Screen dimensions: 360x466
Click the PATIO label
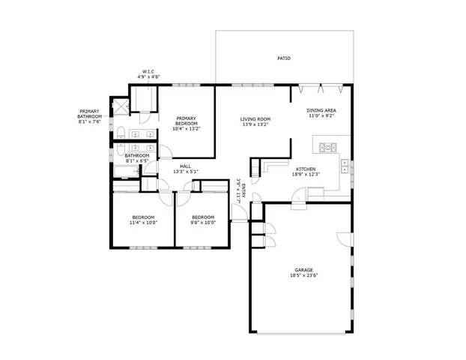(283, 58)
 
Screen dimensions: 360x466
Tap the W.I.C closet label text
(147, 73)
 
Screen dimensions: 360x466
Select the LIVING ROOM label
(255, 119)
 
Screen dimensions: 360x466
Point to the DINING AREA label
(320, 111)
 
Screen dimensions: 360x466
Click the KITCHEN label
(304, 169)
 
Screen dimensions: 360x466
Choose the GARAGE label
(303, 270)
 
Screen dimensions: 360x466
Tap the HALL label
(185, 166)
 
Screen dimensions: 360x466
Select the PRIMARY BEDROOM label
(187, 121)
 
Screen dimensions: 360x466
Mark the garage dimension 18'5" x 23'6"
(303, 276)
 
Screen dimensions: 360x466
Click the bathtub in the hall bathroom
(125, 172)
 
